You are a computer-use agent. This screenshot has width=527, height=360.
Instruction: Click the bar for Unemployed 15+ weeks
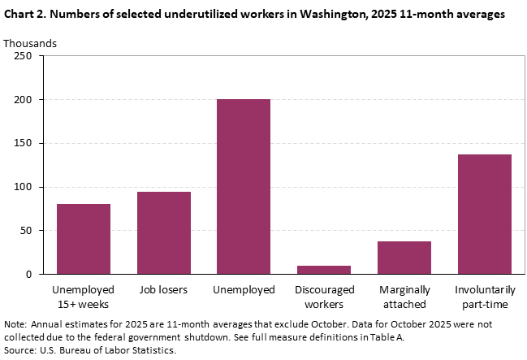click(x=84, y=239)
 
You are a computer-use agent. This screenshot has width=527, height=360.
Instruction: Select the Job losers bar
click(x=163, y=233)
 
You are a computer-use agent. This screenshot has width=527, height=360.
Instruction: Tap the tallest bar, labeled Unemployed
click(x=244, y=187)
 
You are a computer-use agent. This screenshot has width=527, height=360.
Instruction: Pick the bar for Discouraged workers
click(x=323, y=270)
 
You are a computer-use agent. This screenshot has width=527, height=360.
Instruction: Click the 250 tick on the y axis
click(x=23, y=56)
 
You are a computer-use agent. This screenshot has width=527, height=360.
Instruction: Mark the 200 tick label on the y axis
click(x=23, y=100)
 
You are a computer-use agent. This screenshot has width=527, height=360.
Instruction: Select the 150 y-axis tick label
click(x=23, y=143)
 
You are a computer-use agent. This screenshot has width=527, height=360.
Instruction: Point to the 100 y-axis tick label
click(x=23, y=187)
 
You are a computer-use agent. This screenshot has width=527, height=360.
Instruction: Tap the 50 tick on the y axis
click(x=25, y=231)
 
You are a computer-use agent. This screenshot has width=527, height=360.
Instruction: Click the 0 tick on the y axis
click(x=28, y=275)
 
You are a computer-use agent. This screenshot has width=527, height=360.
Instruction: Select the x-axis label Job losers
click(x=163, y=289)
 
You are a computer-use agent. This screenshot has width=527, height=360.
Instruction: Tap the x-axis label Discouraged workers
click(x=323, y=296)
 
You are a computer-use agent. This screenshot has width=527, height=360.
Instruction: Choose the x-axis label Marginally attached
click(x=404, y=296)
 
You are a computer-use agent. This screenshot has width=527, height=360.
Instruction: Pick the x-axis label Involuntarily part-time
click(x=484, y=296)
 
